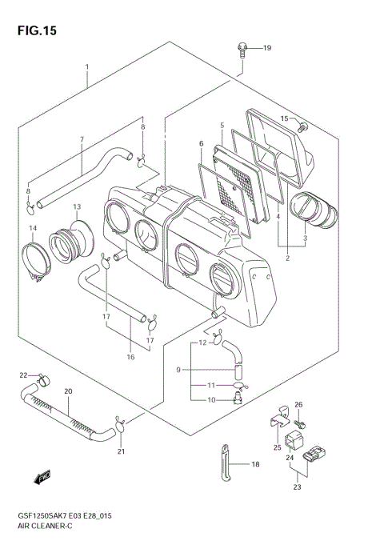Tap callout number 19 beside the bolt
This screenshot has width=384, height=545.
tap(267, 48)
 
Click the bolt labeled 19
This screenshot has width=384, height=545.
tap(241, 49)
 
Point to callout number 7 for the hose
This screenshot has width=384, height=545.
tap(81, 139)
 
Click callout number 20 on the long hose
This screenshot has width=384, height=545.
tap(68, 392)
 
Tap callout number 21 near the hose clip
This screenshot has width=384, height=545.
tap(122, 452)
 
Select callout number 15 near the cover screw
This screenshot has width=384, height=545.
tap(283, 118)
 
